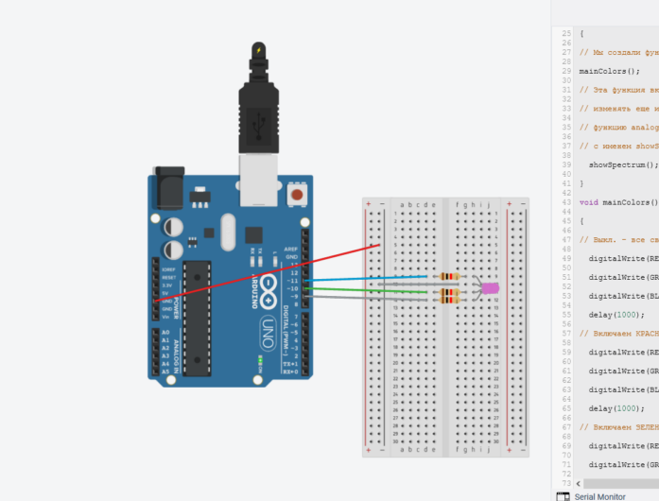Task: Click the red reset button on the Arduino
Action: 298,195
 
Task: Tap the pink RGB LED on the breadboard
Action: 490,288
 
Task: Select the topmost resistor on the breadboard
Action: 449,277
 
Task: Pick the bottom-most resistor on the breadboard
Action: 449,299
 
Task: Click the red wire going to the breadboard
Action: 284,270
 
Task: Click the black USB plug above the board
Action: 256,104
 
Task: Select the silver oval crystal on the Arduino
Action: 225,230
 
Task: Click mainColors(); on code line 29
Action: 609,71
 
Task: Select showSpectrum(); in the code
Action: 622,164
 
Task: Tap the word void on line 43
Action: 588,202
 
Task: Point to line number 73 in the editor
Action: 566,482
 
